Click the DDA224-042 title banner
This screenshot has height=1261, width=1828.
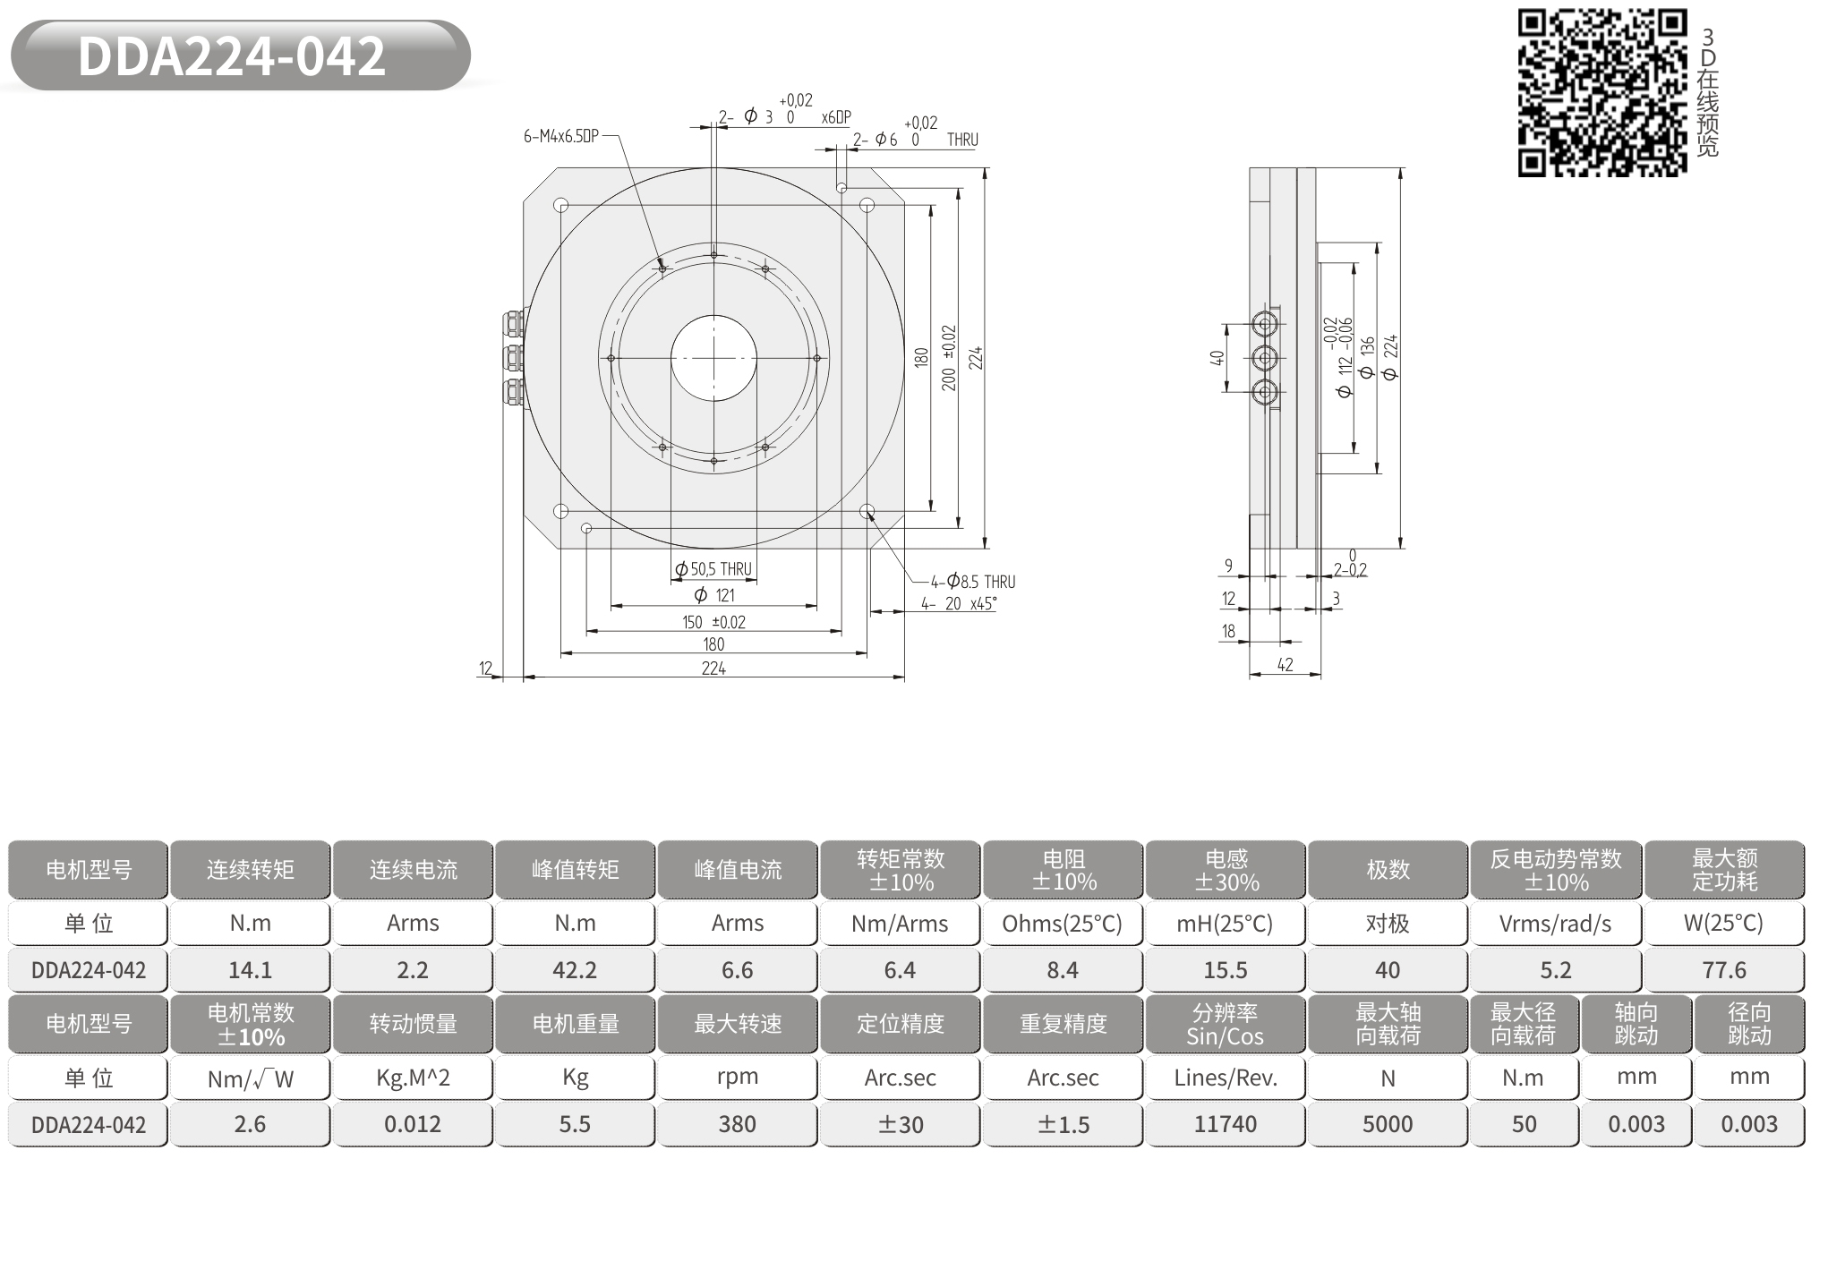tap(240, 55)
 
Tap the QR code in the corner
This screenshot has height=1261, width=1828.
tap(1602, 92)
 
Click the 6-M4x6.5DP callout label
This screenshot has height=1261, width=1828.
tap(560, 136)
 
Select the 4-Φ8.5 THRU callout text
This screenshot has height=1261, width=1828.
tap(973, 582)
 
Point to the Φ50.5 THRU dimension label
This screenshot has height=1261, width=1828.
tap(713, 569)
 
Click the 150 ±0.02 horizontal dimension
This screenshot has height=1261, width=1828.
tap(713, 622)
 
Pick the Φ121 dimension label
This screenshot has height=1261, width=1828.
tap(714, 595)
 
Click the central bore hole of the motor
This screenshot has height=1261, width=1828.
tap(713, 358)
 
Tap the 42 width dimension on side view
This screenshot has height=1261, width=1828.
tap(1285, 665)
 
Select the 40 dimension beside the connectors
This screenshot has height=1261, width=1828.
tap(1217, 357)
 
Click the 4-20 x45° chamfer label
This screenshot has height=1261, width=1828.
tap(959, 604)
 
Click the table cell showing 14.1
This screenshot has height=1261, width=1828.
tap(251, 970)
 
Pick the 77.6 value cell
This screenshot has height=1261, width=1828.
tap(1724, 970)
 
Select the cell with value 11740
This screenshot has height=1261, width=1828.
tap(1226, 1124)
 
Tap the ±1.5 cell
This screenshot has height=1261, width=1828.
tap(1063, 1124)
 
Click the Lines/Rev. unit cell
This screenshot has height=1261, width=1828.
tap(1226, 1078)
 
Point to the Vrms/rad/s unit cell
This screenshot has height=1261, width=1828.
tap(1556, 924)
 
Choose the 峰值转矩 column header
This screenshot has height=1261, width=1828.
tap(575, 869)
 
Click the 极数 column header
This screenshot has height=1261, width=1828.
tap(1388, 869)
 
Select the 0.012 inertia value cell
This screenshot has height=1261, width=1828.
tap(413, 1124)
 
